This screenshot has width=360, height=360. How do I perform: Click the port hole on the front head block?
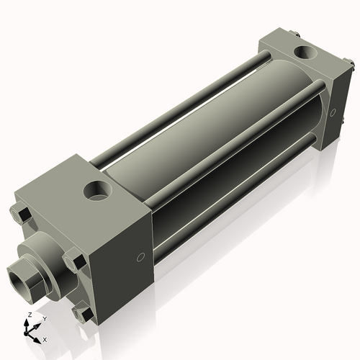pos(96,191)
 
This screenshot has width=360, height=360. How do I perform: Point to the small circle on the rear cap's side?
pos(332,112)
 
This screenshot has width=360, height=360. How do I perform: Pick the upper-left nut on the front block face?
pos(20,214)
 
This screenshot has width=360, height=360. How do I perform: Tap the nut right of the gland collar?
pos(73,260)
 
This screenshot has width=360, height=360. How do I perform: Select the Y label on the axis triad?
pos(44,318)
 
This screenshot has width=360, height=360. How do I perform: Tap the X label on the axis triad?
pos(45,338)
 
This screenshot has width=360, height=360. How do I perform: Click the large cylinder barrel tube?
pos(209,130)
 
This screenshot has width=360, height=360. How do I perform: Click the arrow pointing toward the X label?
pos(37,336)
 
